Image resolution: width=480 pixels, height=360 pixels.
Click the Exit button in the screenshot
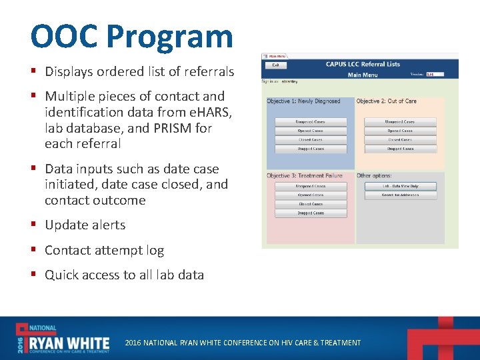point(275,65)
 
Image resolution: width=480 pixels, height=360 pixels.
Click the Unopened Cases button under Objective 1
point(311,122)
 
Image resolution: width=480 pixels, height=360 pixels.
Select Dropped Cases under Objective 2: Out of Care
point(400,149)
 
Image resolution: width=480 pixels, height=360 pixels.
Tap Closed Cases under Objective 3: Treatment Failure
point(311,204)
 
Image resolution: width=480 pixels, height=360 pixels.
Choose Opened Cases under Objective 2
point(400,131)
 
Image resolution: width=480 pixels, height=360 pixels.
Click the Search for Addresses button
point(400,195)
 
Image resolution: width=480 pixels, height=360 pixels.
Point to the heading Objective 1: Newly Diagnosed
point(303,101)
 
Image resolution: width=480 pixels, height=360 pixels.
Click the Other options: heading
point(374,176)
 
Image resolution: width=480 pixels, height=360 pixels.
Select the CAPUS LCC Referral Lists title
point(363,65)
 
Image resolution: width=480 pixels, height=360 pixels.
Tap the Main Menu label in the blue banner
point(363,75)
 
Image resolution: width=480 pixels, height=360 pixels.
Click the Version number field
point(434,75)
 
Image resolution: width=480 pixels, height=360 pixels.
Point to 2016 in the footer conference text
point(133,343)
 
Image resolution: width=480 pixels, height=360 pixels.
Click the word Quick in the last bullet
point(62,275)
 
